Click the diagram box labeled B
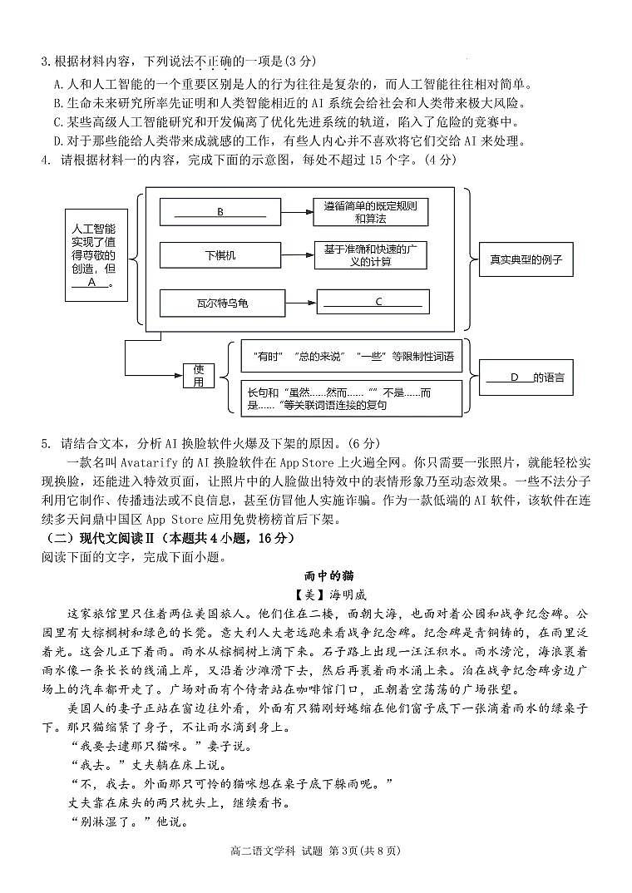(x=220, y=212)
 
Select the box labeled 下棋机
(x=220, y=255)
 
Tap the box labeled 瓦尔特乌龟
(x=220, y=303)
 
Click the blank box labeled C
(x=373, y=302)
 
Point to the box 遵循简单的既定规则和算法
(x=371, y=212)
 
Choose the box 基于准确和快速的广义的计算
(x=371, y=255)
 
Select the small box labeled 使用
(x=199, y=376)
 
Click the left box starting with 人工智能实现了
(x=92, y=254)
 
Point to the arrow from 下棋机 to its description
(x=298, y=255)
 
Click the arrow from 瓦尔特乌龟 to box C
(x=301, y=303)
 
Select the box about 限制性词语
(x=351, y=356)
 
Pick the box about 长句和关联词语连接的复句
(x=351, y=397)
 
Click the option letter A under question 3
(x=57, y=84)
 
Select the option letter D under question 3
(x=57, y=141)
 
